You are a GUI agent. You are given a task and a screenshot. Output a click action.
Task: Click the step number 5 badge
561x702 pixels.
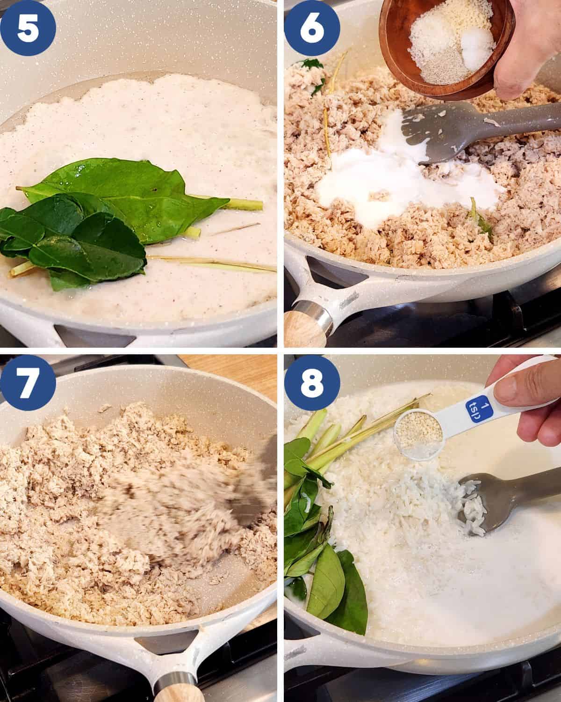point(28,28)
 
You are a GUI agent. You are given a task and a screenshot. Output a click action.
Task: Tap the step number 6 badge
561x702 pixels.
point(312,28)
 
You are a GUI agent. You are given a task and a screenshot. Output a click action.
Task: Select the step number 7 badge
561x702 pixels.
point(28,383)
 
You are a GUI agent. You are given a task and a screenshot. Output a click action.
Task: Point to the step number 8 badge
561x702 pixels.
point(312,383)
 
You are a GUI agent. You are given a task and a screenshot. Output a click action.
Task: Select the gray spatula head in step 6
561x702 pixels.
point(433,134)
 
